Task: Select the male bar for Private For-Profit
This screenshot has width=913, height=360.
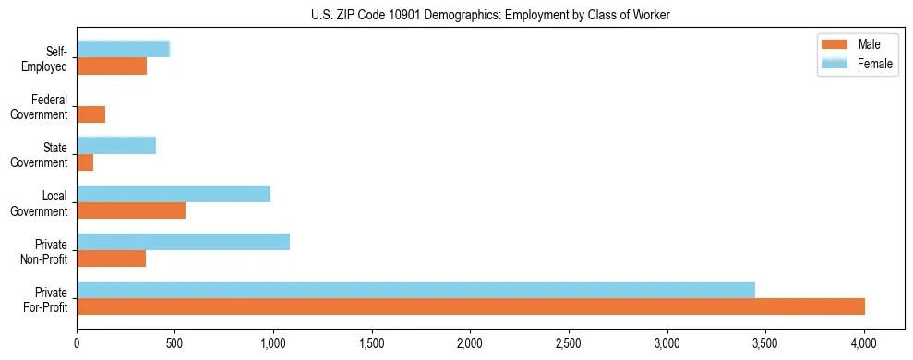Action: coord(471,306)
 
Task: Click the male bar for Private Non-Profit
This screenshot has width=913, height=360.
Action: coord(111,258)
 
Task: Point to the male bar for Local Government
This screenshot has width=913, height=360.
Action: coord(131,210)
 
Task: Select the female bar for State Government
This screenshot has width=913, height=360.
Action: coord(116,145)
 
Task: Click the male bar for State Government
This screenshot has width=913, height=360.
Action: coord(85,162)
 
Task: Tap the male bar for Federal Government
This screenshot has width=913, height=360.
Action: coord(90,114)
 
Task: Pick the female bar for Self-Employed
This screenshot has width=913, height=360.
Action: coord(123,49)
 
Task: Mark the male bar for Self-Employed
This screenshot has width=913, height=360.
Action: coord(112,66)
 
